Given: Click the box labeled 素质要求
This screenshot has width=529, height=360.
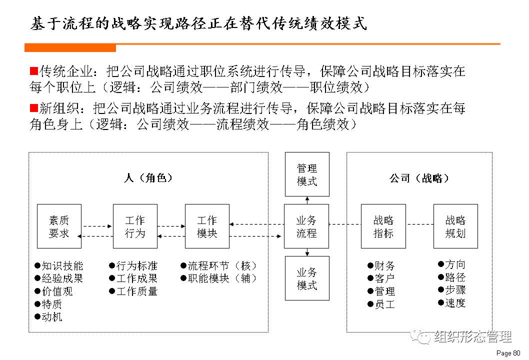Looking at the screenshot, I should (59, 226).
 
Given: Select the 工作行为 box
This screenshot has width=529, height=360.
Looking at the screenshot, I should (135, 226).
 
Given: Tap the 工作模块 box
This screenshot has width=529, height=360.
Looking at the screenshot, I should (207, 226).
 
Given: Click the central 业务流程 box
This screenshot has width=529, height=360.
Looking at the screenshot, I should (306, 226).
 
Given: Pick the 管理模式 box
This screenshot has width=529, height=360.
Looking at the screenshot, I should (307, 174).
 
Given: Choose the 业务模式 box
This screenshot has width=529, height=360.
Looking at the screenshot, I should (307, 278).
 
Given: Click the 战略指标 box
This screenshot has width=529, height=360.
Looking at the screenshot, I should (383, 226).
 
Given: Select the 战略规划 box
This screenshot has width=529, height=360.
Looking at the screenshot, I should (455, 226).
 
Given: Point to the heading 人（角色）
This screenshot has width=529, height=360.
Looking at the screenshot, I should (148, 178).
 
